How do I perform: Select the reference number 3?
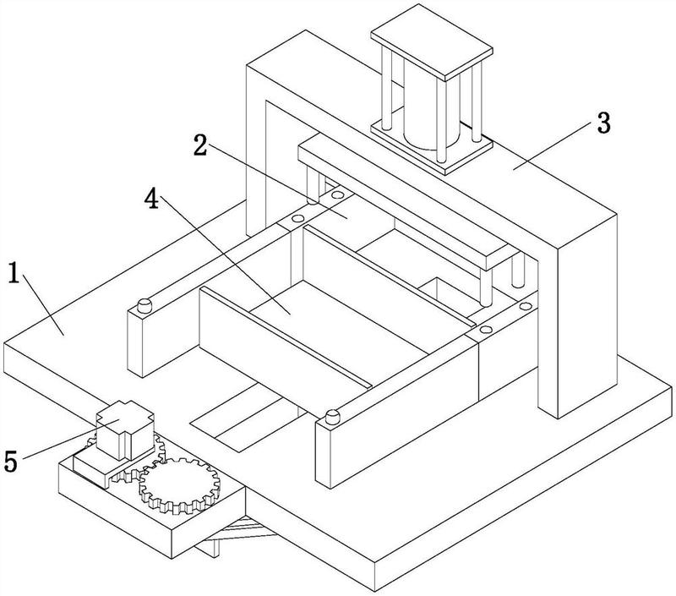(x=602, y=123)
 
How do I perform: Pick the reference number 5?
(x=11, y=462)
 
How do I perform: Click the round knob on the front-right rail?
(x=332, y=416)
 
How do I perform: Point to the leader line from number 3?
(x=549, y=145)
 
